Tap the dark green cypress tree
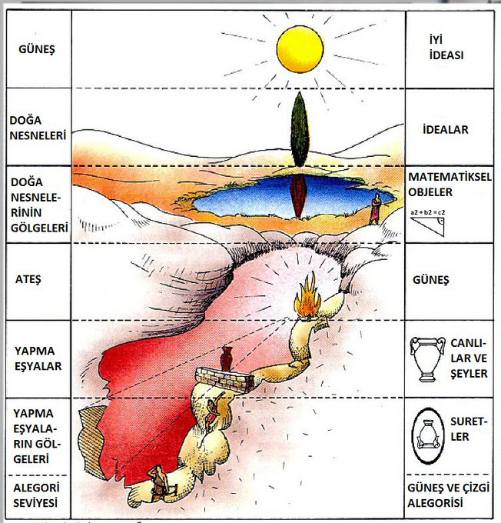click(298, 128)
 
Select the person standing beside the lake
click(376, 208)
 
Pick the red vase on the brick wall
click(226, 358)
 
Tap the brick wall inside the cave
click(225, 377)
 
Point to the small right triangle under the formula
click(428, 225)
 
